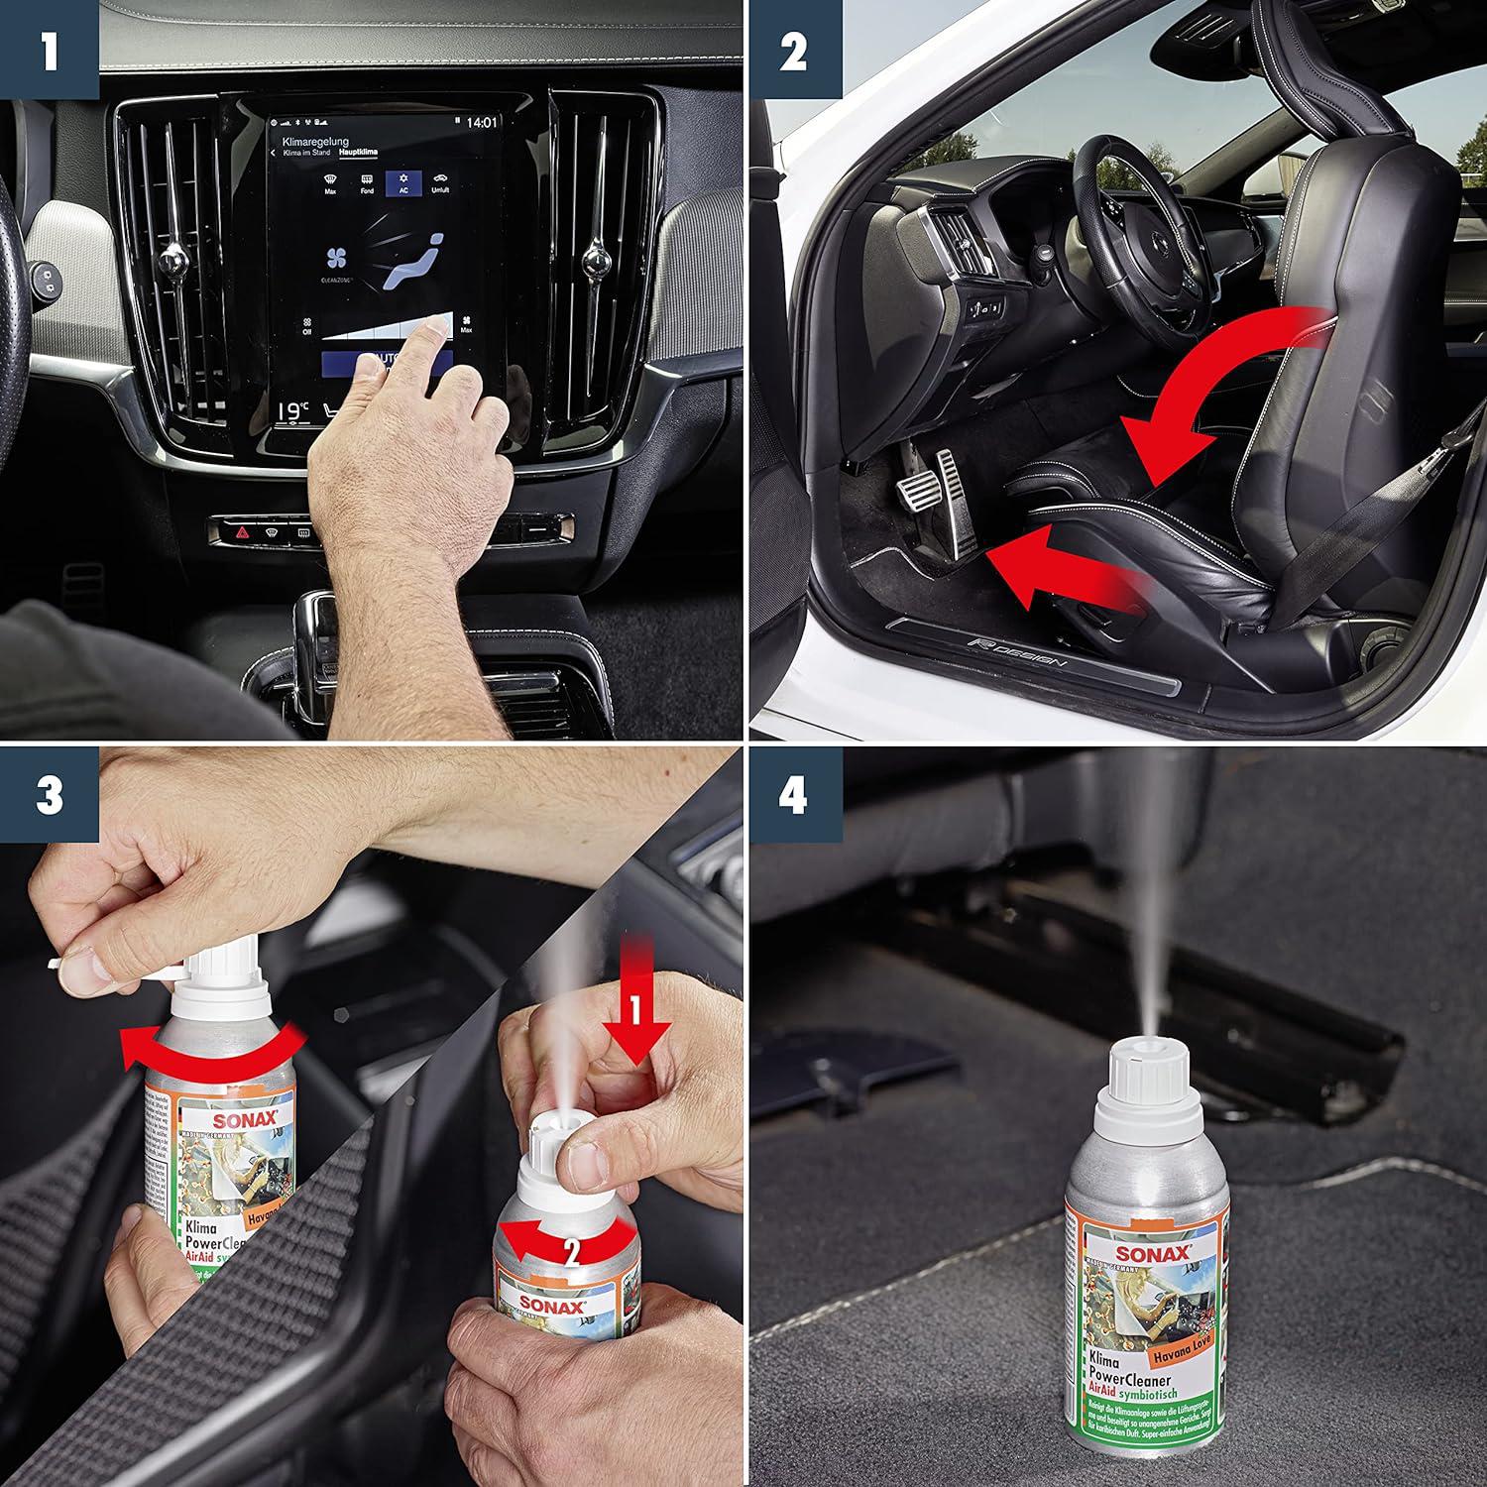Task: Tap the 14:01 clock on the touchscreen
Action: (481, 123)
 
